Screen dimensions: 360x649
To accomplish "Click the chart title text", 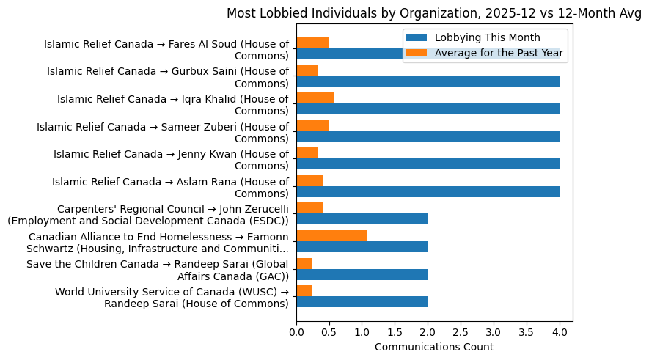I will (433, 12).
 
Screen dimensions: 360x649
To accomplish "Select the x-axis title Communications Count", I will (433, 347).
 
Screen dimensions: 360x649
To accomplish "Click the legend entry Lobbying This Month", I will (487, 37).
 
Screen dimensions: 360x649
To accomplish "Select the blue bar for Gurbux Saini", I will (428, 81).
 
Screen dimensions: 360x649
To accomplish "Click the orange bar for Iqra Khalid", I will (315, 98).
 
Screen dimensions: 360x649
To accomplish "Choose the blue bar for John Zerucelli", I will (362, 219).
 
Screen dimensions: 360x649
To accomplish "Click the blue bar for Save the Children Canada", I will (362, 274).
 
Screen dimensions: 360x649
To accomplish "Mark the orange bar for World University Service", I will (304, 291).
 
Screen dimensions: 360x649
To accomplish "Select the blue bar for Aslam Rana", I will (428, 191).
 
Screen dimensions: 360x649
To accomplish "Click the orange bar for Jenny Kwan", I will (307, 153).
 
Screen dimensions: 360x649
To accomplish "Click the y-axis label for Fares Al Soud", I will (166, 50).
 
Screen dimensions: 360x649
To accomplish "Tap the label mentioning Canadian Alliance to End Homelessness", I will (158, 243).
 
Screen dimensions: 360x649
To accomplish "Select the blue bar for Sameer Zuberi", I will (428, 136).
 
